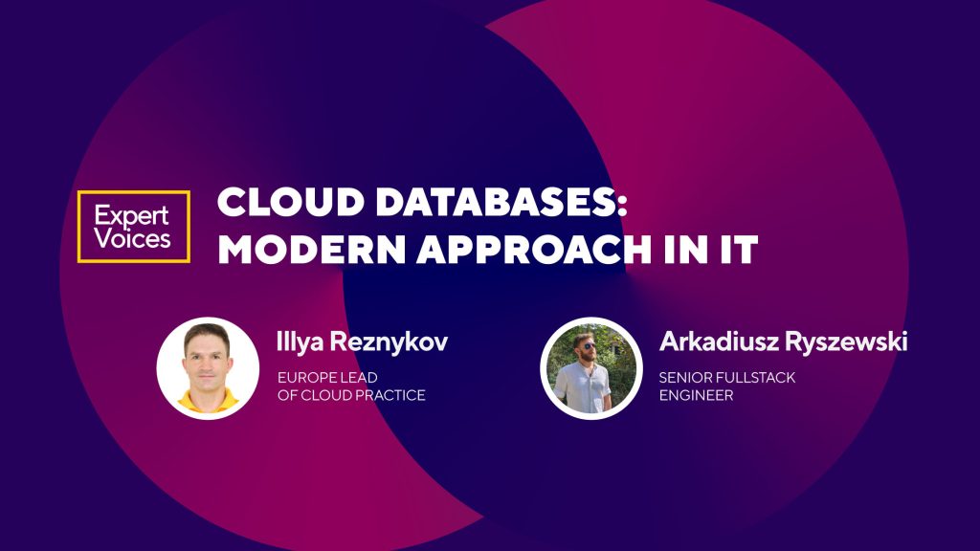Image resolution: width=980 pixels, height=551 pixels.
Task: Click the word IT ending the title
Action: [x=735, y=250]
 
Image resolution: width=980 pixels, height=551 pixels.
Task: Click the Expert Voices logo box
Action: [x=134, y=227]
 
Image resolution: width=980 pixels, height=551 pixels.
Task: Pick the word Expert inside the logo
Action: [x=133, y=214]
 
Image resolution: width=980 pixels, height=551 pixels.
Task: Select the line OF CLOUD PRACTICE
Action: [x=350, y=395]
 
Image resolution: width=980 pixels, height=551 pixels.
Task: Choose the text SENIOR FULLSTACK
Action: [x=726, y=377]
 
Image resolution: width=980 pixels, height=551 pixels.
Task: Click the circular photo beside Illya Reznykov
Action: [x=208, y=368]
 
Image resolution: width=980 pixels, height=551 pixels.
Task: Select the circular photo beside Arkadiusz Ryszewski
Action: [x=590, y=368]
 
